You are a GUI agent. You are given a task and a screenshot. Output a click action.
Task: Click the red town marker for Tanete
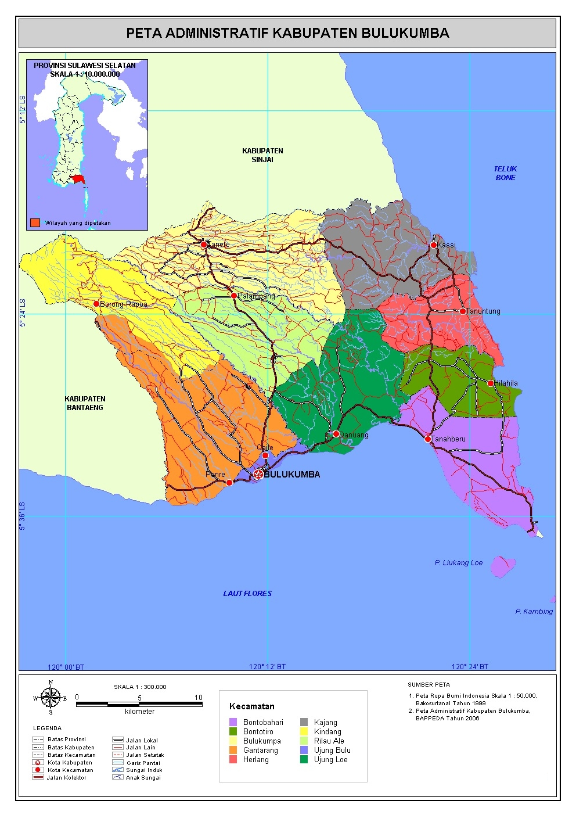[x=204, y=245]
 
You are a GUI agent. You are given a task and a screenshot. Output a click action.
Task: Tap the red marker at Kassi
[x=434, y=245]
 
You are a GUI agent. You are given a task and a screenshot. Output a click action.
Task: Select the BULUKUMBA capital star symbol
[x=258, y=475]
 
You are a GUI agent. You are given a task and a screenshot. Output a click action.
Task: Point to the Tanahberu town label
[x=448, y=439]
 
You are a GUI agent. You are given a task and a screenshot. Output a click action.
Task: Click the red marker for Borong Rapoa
[x=96, y=304]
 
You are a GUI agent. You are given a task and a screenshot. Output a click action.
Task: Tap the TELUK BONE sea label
[x=505, y=173]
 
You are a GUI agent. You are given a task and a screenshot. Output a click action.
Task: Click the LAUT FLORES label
[x=247, y=594]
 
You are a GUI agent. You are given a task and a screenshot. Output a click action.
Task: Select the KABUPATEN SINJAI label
[x=262, y=155]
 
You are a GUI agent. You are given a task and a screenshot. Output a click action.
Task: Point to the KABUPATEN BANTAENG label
[x=85, y=403]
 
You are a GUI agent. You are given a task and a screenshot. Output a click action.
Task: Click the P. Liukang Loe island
[x=502, y=566]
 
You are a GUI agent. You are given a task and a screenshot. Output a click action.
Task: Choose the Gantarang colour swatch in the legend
[x=233, y=750]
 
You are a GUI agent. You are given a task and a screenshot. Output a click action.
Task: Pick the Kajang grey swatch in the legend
[x=304, y=722]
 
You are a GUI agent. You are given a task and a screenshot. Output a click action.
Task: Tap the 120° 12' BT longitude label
[x=267, y=666]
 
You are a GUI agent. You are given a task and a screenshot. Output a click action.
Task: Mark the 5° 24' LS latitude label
[x=23, y=313]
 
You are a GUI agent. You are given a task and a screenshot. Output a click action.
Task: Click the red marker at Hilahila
[x=491, y=383]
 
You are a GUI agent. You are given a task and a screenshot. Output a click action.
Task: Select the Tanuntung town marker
[x=463, y=311]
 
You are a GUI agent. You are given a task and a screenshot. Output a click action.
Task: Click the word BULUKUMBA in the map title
[x=405, y=33]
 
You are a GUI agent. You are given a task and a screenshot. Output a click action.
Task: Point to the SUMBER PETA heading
[x=429, y=684]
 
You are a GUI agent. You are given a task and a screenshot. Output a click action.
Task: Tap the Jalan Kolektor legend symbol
[x=38, y=777]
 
